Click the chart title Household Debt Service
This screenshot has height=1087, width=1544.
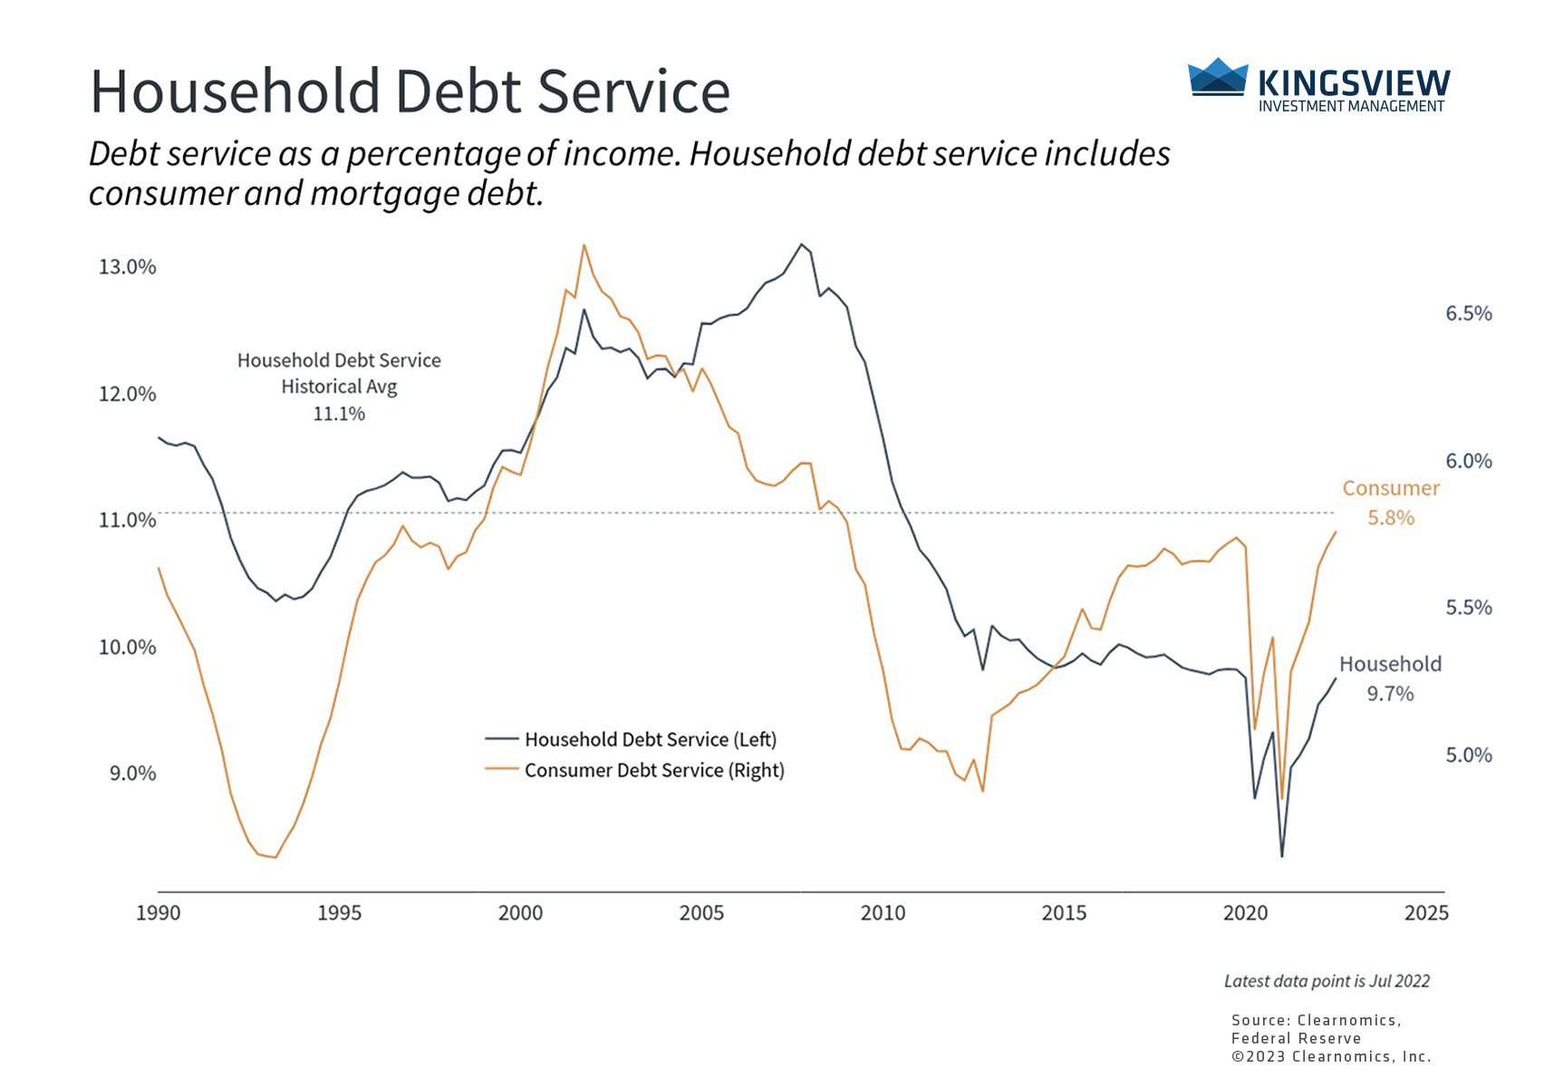click(x=410, y=91)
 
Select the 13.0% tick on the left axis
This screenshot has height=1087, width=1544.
click(x=128, y=267)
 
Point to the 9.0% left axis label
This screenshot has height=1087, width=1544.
click(x=133, y=774)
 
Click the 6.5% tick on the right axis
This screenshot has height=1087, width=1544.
click(x=1468, y=313)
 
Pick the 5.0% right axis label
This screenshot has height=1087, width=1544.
click(x=1468, y=755)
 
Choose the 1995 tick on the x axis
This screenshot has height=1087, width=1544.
click(x=339, y=913)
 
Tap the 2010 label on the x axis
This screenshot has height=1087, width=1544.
click(x=883, y=913)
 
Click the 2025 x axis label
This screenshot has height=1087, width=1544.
click(x=1426, y=913)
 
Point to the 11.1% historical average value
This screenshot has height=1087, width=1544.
click(x=339, y=414)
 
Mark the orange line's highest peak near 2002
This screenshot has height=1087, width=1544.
click(x=584, y=245)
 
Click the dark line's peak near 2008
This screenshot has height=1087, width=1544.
click(x=801, y=245)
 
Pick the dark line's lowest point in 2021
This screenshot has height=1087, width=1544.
click(x=1282, y=856)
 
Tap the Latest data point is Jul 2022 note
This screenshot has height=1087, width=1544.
click(x=1327, y=981)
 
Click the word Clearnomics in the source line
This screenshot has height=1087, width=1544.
click(x=1347, y=1021)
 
